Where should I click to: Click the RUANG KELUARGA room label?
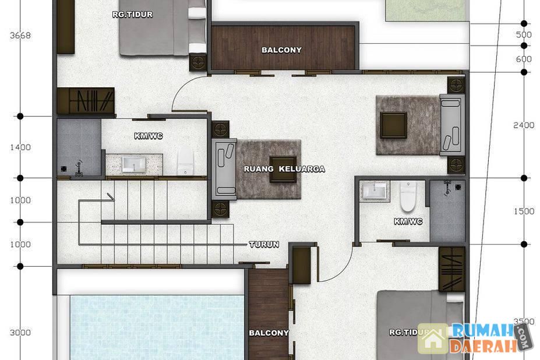[x=284, y=169]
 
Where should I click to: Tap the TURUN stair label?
[x=264, y=244]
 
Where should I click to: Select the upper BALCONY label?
[x=281, y=50]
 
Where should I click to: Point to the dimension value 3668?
[x=20, y=35]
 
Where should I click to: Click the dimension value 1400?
[x=20, y=147]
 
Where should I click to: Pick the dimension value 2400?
[x=524, y=125]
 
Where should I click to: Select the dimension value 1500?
[x=524, y=211]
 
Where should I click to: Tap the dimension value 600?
[x=524, y=59]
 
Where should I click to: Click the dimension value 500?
[x=524, y=34]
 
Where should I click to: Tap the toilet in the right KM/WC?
[x=408, y=196]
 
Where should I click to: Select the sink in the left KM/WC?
[x=133, y=164]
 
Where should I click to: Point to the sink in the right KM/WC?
[x=375, y=190]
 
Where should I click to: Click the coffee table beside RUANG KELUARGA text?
[x=283, y=169]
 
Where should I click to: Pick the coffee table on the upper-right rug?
[x=394, y=125]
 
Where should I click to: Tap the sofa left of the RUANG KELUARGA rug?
[x=224, y=169]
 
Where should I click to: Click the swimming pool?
[x=157, y=327]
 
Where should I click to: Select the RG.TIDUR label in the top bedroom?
[x=132, y=15]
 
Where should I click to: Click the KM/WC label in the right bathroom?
[x=408, y=221]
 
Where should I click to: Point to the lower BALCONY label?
[x=269, y=333]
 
